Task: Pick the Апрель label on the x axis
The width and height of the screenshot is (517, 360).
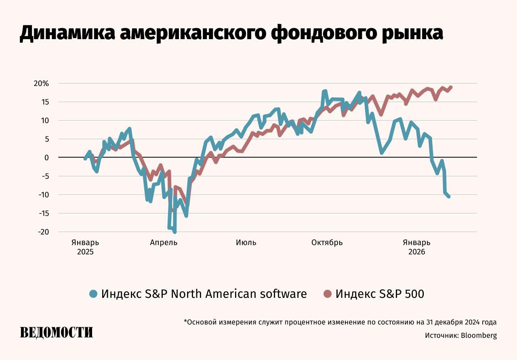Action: (164, 243)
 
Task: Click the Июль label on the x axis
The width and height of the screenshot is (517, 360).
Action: (246, 243)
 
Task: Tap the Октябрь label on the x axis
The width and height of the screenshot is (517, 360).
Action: (327, 243)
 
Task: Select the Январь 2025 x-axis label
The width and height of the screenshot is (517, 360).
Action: (85, 247)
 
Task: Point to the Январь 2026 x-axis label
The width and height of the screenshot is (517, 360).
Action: (416, 247)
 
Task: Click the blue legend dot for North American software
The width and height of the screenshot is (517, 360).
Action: (94, 294)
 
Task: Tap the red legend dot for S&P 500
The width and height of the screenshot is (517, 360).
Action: (328, 294)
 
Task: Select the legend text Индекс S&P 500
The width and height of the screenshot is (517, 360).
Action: (380, 294)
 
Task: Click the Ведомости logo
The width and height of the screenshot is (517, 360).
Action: (57, 332)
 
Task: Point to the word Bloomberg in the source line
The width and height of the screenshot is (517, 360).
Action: (479, 335)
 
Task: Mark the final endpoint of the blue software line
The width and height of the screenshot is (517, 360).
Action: (449, 196)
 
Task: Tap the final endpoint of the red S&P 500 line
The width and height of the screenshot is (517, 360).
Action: (450, 87)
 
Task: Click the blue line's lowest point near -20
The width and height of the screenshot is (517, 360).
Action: (174, 232)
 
